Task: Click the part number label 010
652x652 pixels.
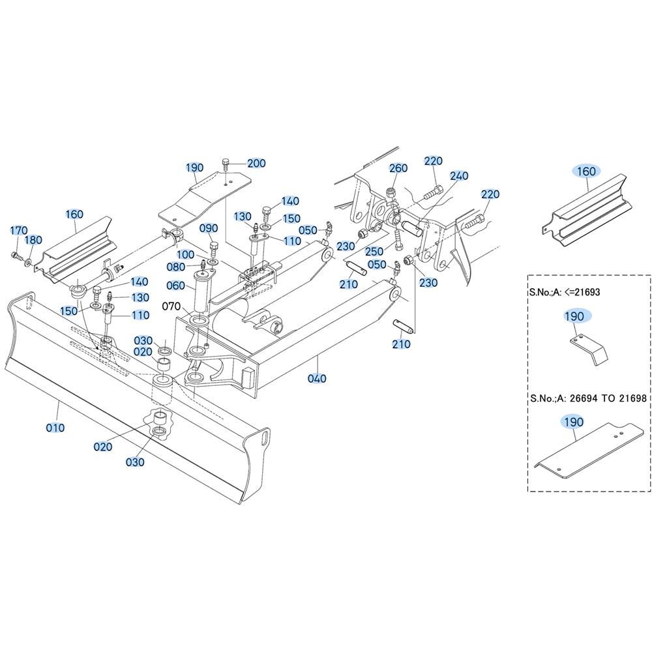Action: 55,428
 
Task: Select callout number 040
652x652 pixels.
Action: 317,379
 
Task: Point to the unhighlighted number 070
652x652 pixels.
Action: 171,305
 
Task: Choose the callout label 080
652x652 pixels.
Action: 176,267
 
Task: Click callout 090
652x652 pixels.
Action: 209,228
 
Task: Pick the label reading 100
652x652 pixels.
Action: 185,254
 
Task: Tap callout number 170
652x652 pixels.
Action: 18,230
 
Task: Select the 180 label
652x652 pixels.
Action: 33,241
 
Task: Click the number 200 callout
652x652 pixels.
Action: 256,163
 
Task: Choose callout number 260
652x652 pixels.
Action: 398,168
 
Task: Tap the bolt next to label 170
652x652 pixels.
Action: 16,256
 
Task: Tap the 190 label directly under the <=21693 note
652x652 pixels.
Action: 574,316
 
